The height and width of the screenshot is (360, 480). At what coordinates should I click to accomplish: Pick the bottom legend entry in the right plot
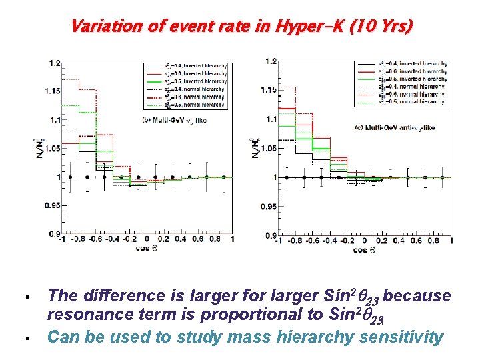pos(405,101)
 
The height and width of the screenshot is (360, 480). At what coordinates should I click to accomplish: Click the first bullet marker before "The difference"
pos(24,295)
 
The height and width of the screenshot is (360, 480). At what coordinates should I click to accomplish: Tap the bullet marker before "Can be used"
pos(24,337)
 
